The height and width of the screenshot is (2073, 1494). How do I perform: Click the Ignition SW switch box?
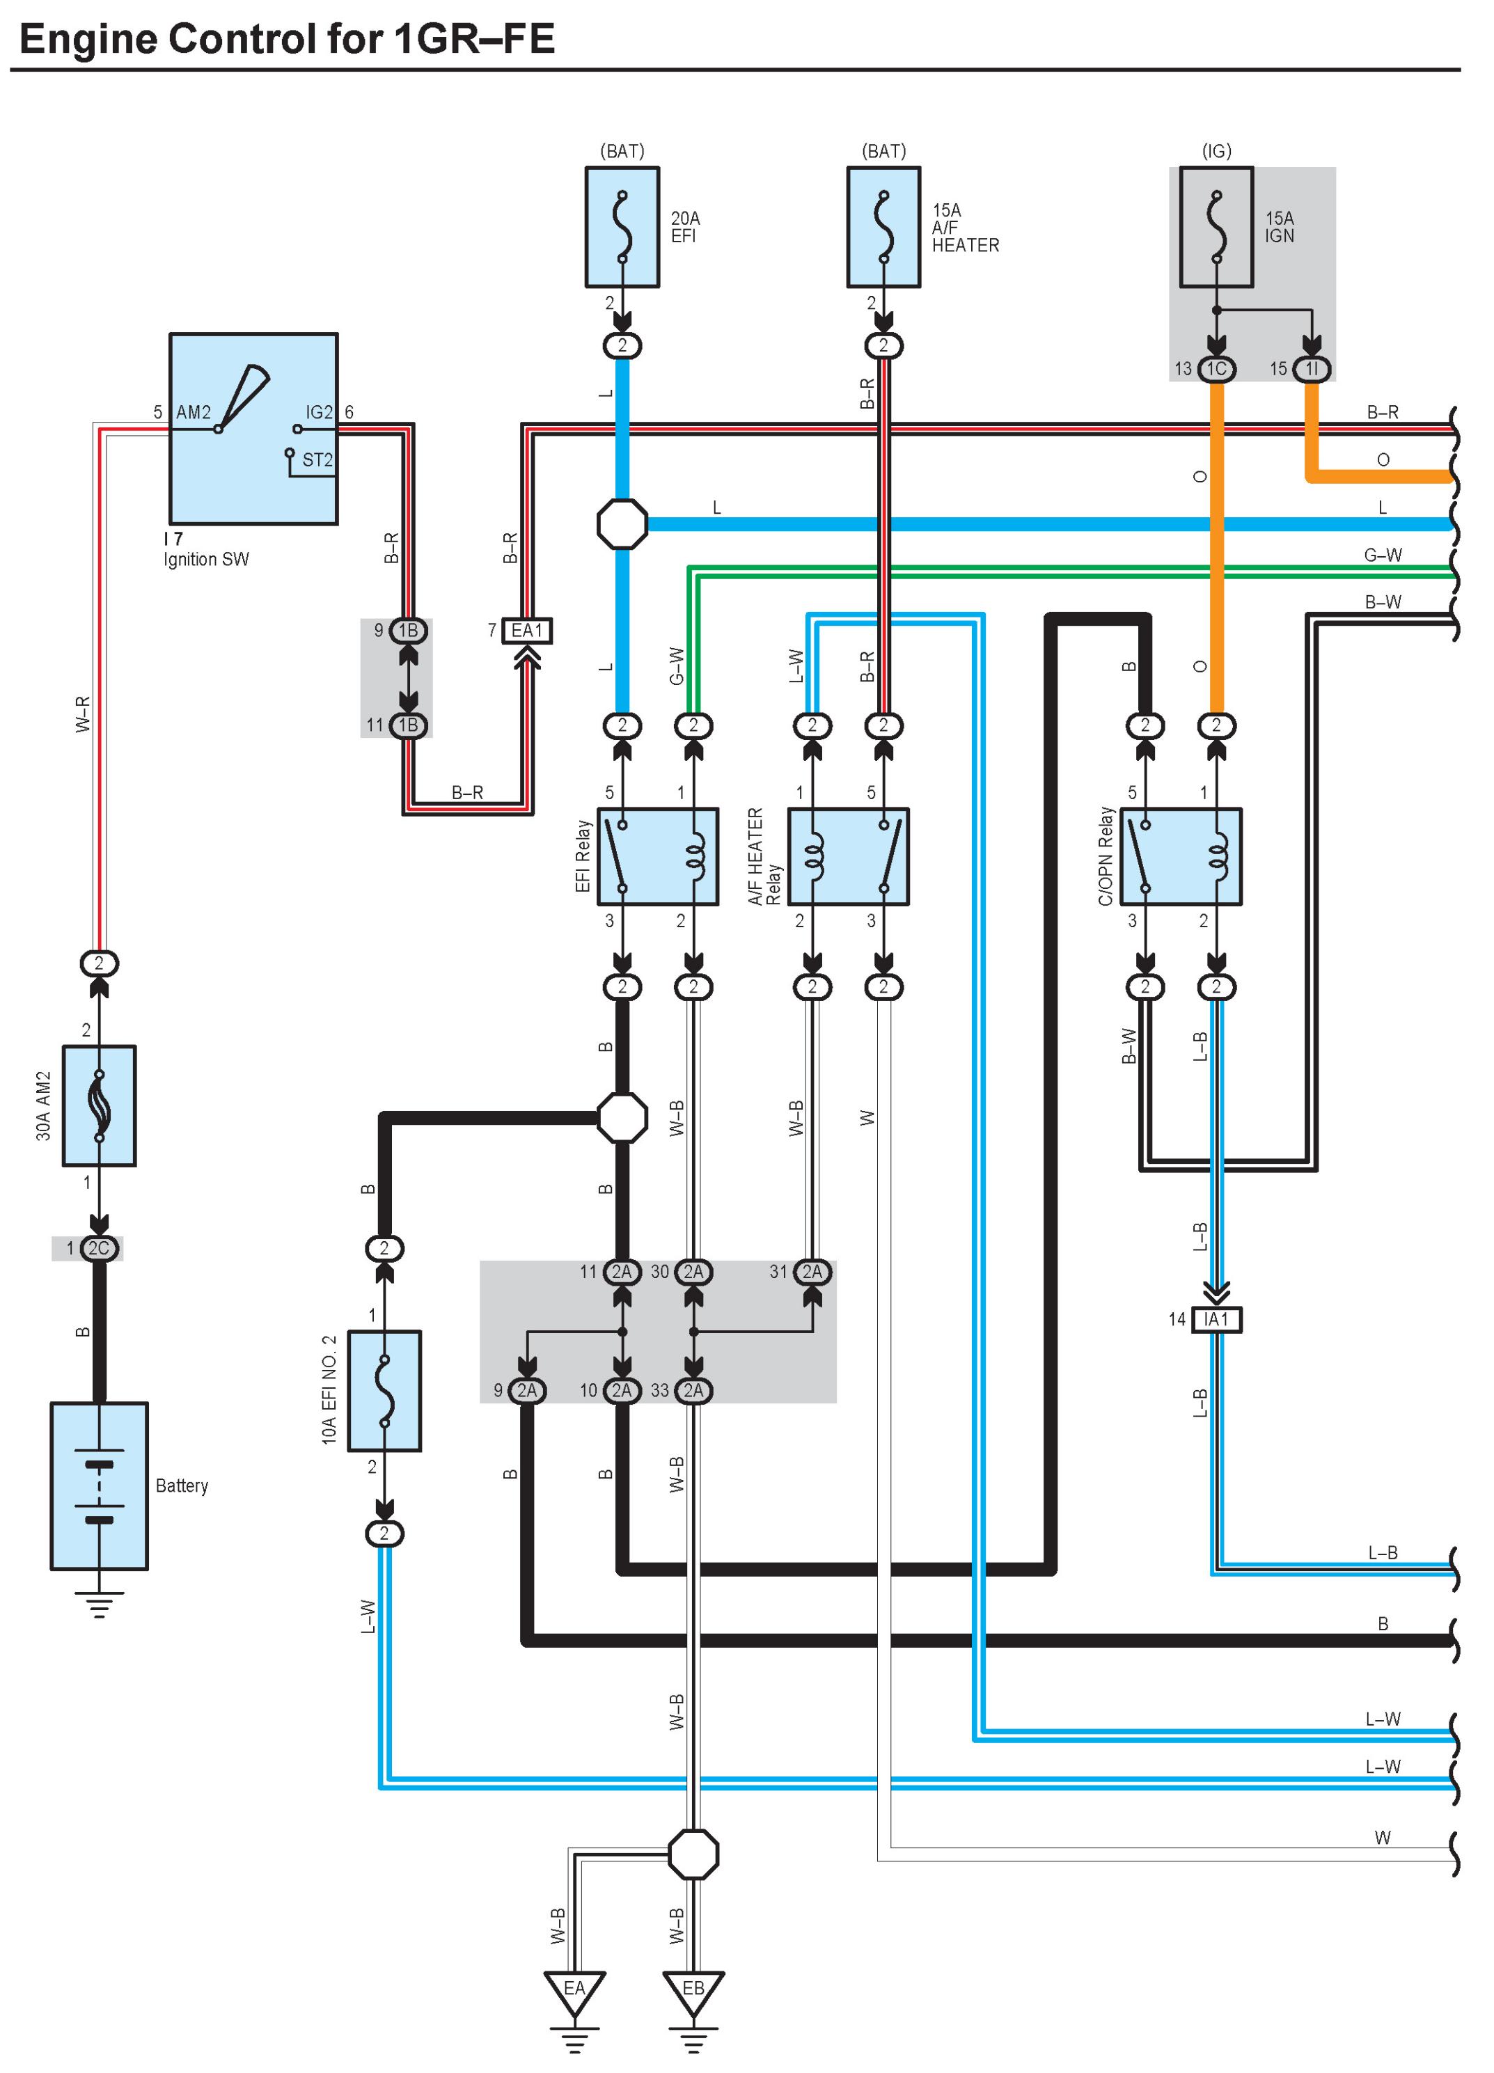253,429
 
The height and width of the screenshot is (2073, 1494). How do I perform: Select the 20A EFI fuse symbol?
622,227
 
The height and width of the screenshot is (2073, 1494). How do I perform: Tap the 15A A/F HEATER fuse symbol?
883,227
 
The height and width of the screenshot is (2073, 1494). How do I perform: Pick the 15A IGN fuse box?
1216,227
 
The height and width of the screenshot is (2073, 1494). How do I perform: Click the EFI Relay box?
657,856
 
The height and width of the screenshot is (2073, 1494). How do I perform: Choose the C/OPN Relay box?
1181,856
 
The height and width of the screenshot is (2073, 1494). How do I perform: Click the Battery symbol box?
99,1485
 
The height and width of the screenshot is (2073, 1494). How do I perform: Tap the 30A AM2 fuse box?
99,1105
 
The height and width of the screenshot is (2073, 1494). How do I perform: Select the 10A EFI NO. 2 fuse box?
385,1390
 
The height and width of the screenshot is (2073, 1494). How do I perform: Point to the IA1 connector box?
1216,1319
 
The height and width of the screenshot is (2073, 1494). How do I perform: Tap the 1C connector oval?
1216,368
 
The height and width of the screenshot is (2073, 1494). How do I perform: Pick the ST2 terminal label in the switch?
317,459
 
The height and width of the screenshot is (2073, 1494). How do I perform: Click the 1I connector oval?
1311,368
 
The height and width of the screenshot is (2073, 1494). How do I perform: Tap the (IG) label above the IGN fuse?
1216,151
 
